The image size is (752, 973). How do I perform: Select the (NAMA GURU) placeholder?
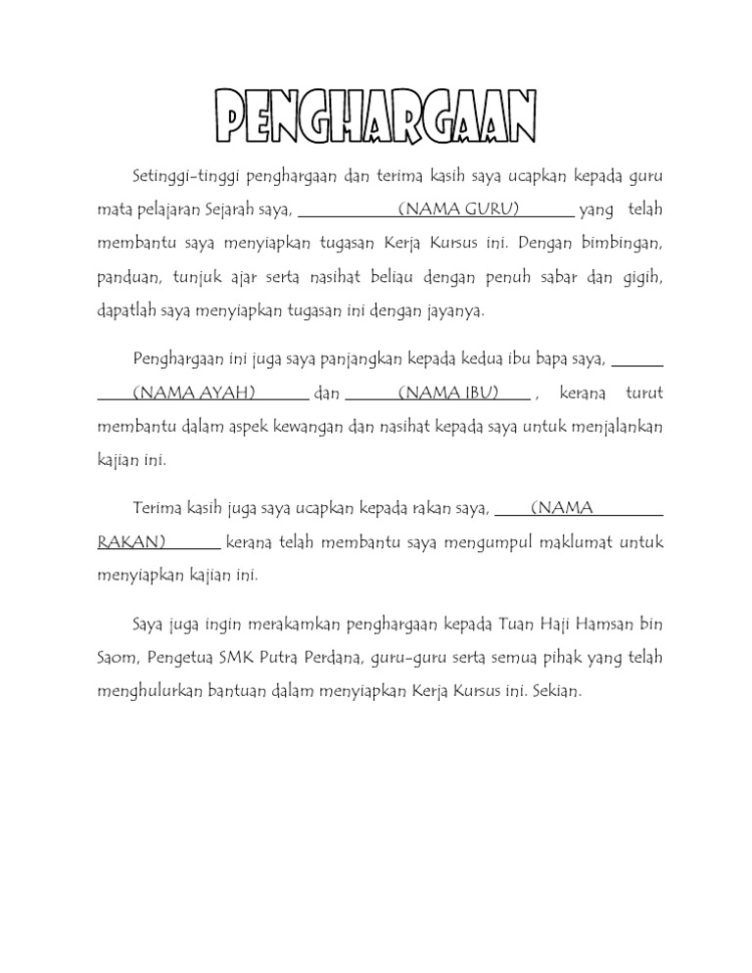click(x=458, y=208)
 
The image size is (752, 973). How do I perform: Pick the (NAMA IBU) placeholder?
click(x=448, y=394)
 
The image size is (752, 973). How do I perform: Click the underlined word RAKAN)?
click(x=132, y=542)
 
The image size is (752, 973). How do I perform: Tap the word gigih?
click(x=641, y=277)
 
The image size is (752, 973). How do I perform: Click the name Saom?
click(x=117, y=658)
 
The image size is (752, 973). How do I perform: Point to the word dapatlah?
click(x=127, y=311)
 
